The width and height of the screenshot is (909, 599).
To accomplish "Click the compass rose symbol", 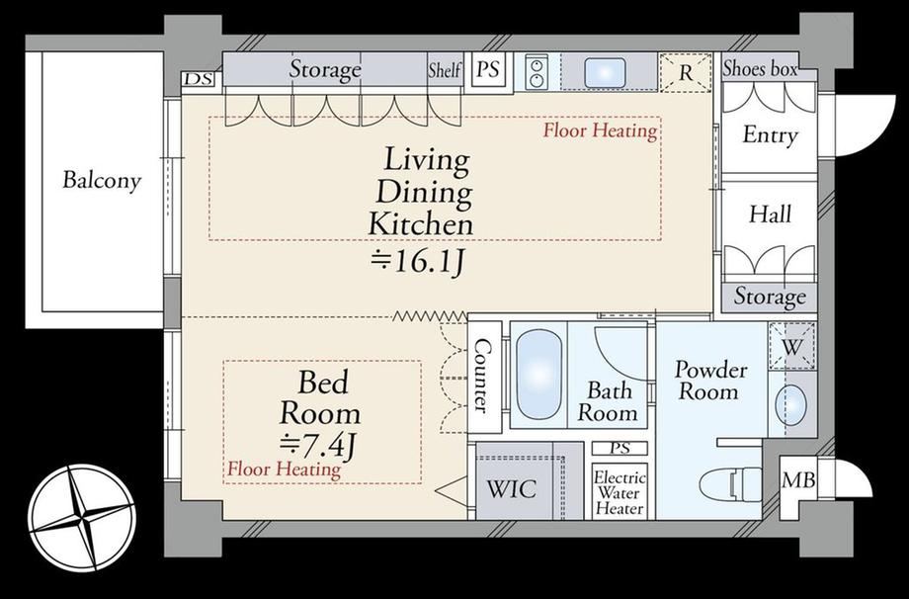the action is click(x=82, y=517).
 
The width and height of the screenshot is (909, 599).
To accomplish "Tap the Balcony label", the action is click(x=102, y=180).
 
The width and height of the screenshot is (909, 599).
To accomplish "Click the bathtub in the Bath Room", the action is click(x=538, y=374).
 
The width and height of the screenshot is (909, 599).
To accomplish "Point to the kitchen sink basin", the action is click(x=605, y=72).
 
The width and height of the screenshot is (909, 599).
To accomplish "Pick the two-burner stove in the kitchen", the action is click(x=537, y=72).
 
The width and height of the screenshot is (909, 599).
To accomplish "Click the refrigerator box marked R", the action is click(x=686, y=72).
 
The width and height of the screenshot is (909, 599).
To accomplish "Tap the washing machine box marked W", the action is click(x=791, y=347).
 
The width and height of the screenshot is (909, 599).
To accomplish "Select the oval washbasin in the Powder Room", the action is click(x=790, y=404).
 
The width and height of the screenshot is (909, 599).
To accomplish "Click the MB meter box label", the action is click(x=798, y=480).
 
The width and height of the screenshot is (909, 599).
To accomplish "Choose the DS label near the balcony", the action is click(x=199, y=79).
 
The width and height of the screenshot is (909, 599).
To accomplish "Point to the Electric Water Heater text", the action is click(x=620, y=493).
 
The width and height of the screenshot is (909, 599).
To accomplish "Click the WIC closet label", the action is click(x=512, y=489).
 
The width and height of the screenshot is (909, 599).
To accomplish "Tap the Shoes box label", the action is click(x=760, y=69).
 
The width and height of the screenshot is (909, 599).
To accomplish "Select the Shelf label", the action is click(x=445, y=70).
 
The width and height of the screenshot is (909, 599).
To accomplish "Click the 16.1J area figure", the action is click(x=417, y=262).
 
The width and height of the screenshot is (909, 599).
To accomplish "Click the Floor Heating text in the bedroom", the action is click(x=284, y=469).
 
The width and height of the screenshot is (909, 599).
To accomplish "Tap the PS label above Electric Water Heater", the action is click(x=620, y=448).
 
